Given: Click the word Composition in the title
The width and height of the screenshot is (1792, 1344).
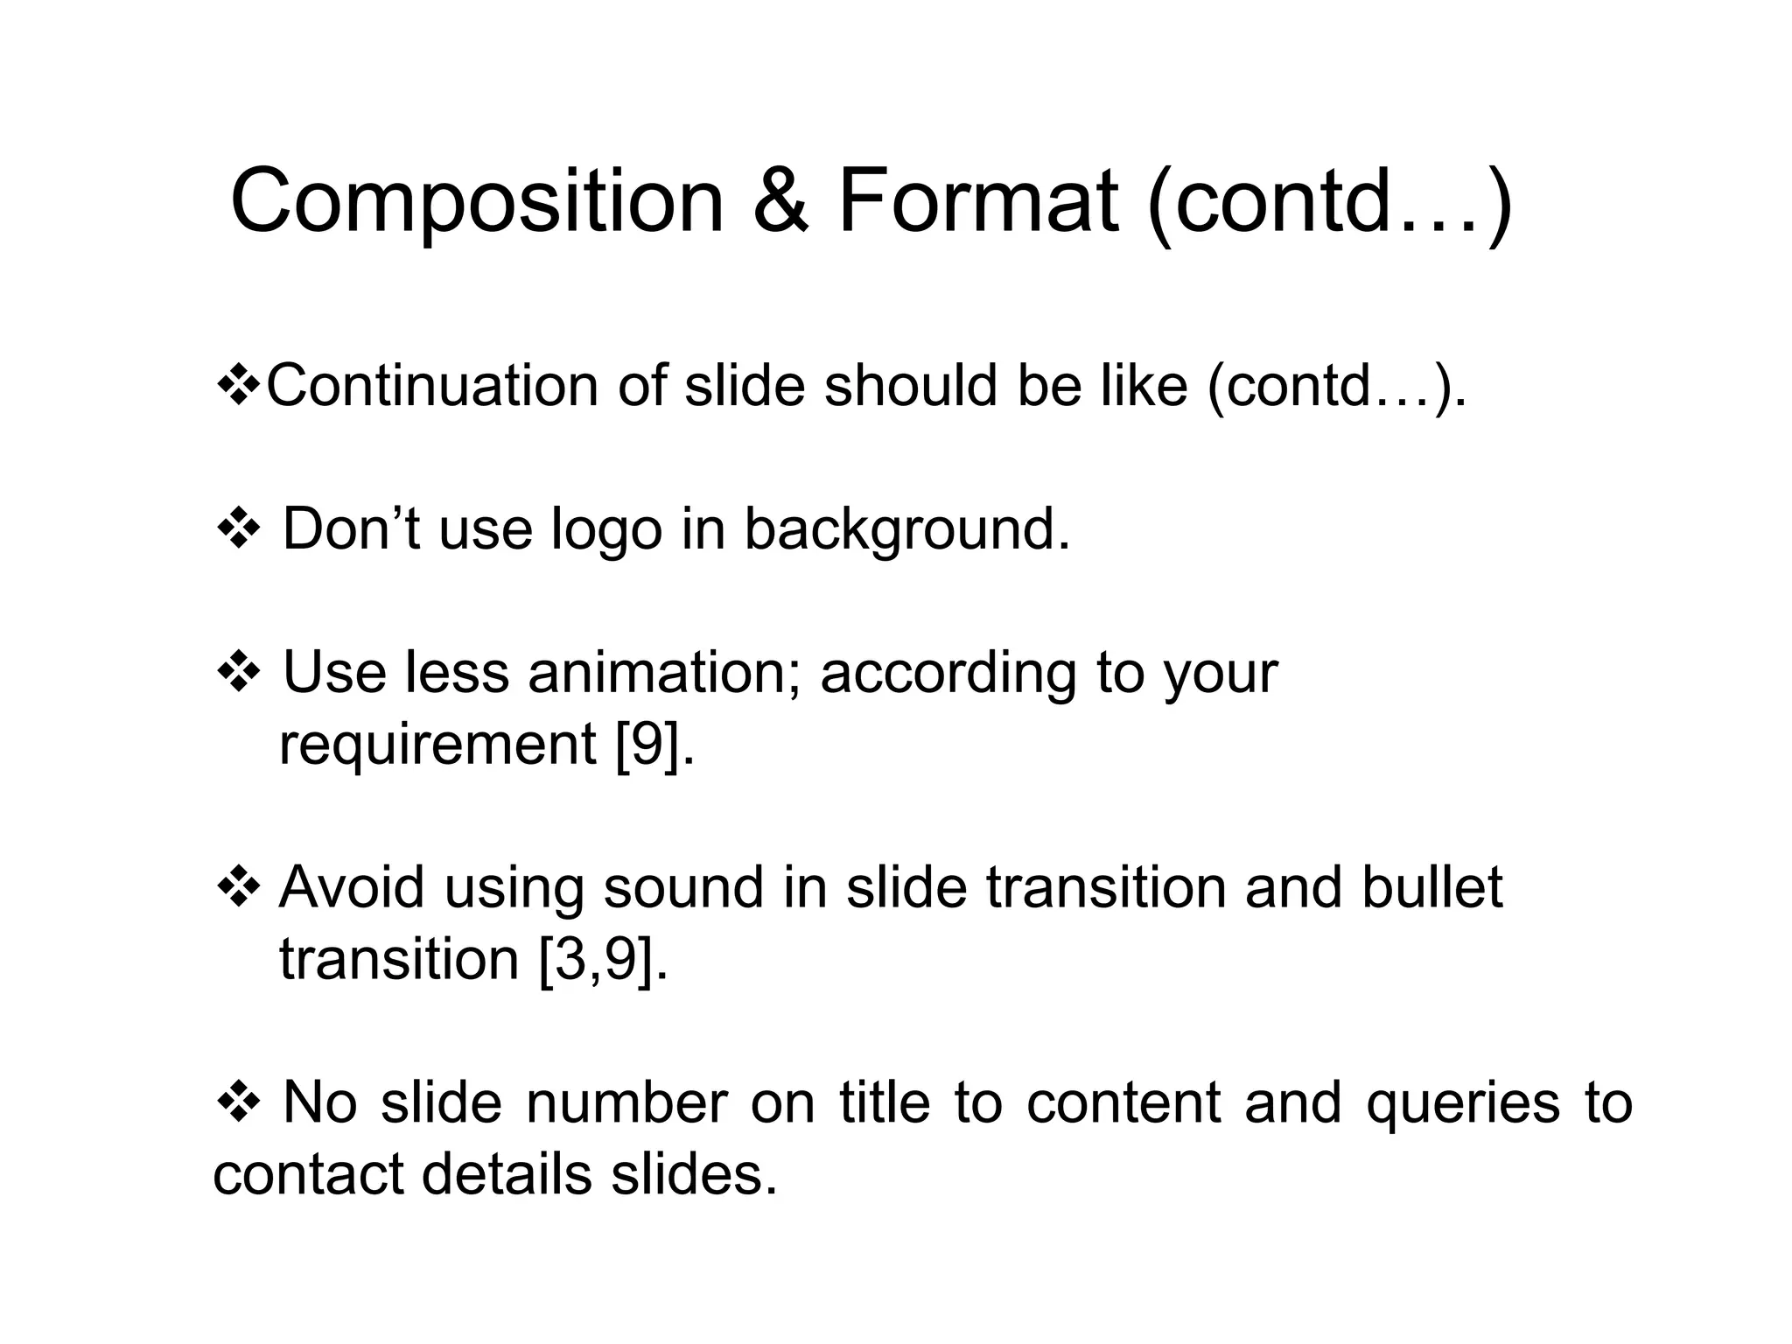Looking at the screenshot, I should coord(477,203).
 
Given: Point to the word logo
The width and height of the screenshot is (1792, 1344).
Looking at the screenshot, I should coord(605,531).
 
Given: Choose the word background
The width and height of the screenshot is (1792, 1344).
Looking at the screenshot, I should coord(906,531).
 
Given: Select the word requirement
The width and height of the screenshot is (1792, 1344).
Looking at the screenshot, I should coord(437,745).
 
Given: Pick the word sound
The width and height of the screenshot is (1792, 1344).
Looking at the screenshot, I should coord(683,887).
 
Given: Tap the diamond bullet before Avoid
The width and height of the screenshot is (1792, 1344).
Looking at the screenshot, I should coord(238,889).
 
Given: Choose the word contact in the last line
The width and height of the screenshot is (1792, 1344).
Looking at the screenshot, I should coord(308,1174).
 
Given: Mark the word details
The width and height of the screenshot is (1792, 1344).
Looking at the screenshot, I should coord(507,1174).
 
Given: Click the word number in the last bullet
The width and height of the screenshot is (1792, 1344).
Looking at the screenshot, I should coord(626,1102).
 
